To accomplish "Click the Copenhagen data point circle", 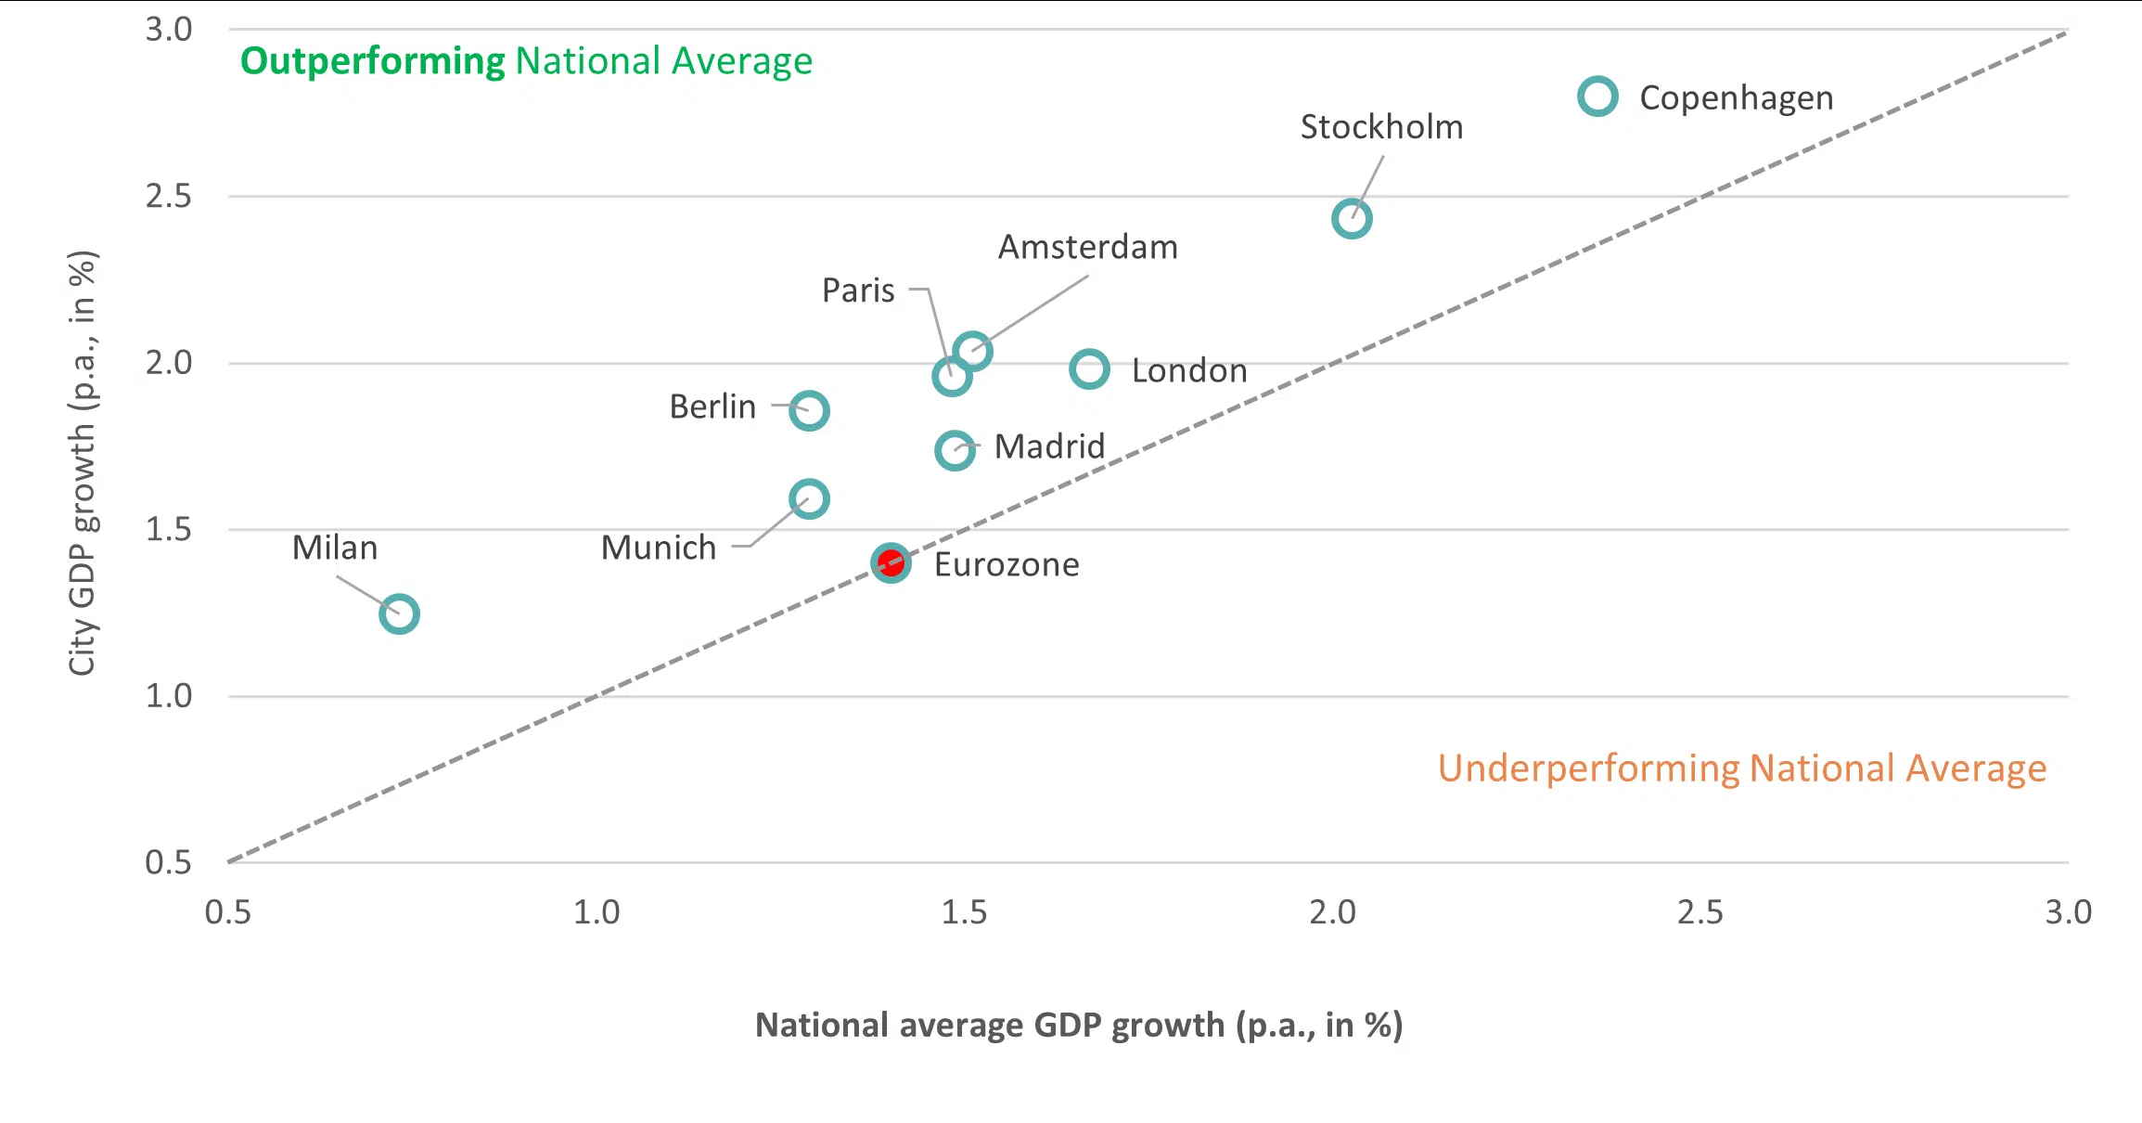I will (1597, 97).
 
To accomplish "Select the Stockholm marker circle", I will (1352, 219).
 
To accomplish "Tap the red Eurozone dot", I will (891, 562).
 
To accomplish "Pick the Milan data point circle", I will (399, 613).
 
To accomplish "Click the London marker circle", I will (1089, 369).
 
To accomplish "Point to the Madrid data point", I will (955, 450).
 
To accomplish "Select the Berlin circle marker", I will (809, 410).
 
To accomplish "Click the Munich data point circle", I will (809, 499).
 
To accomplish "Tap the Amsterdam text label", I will (1087, 247).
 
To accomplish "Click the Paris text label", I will (858, 290).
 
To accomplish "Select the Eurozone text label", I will (1007, 564).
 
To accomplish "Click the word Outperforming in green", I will (372, 61).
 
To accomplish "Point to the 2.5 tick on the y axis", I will (168, 196).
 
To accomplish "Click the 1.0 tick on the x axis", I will (596, 912).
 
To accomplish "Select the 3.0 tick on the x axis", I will (2068, 912).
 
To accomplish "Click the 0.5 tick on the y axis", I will (168, 862).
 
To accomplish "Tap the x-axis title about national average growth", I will (1078, 1025).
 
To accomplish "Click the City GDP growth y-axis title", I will (83, 462).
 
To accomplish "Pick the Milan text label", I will (335, 548).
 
